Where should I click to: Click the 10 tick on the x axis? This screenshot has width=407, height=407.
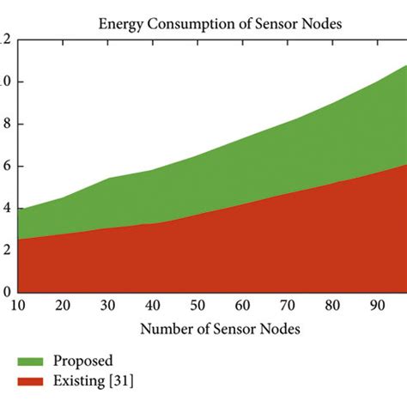(18, 306)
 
